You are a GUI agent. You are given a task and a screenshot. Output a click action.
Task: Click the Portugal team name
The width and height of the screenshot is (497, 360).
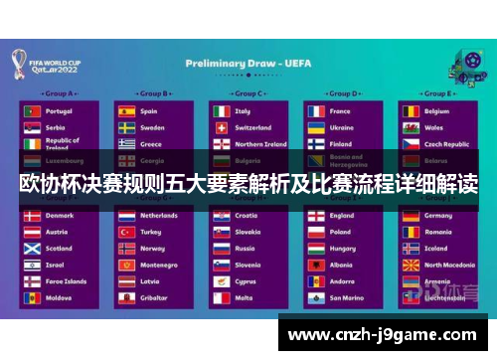click(59, 111)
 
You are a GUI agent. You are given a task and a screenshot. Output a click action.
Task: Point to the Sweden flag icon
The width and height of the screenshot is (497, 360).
click(126, 127)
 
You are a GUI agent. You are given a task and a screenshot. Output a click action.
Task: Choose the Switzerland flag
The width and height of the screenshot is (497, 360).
click(221, 127)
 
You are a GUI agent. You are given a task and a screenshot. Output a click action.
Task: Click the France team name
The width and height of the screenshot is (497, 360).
click(341, 111)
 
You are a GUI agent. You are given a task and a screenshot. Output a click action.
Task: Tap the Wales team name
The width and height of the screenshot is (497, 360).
click(434, 127)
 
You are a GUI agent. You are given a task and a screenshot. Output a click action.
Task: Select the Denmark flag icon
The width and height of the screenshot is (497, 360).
click(31, 216)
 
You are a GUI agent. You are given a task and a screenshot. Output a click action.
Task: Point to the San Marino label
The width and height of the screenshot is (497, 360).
click(347, 297)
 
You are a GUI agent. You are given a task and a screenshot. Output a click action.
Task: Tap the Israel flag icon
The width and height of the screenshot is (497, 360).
click(31, 266)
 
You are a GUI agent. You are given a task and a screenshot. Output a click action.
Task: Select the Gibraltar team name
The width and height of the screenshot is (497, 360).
click(155, 297)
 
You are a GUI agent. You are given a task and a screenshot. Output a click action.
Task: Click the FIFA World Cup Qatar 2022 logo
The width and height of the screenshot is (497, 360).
click(41, 64)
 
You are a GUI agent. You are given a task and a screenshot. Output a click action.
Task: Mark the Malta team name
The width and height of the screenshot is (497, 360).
click(244, 297)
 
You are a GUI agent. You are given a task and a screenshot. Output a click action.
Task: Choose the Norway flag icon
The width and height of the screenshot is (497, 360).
click(126, 249)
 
